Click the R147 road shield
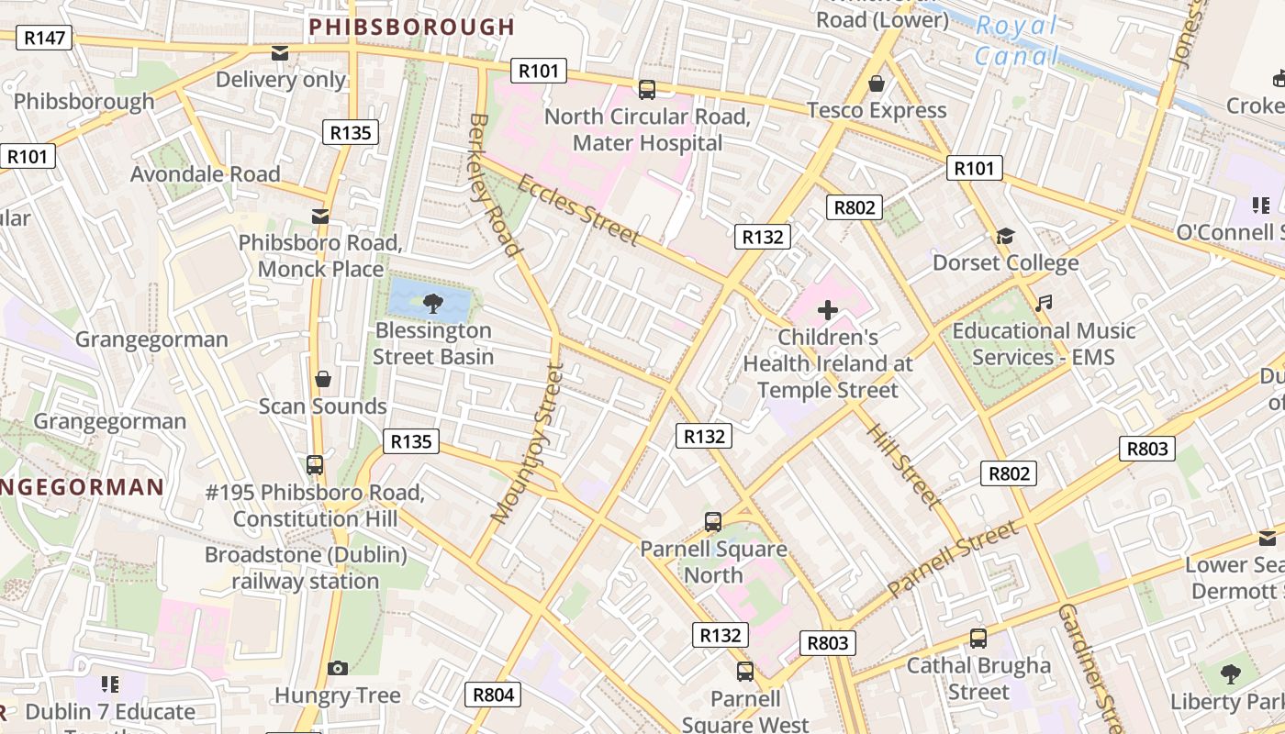point(44,38)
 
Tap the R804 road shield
point(493,695)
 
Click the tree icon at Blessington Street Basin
point(431,302)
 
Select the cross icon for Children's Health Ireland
point(828,309)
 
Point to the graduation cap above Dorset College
point(1005,236)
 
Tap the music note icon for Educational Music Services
point(1044,303)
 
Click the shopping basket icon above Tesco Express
point(877,83)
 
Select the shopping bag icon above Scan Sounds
point(323,379)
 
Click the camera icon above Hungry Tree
point(338,668)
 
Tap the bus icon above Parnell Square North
point(713,522)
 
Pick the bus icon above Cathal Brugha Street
point(978,638)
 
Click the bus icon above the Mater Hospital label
point(647,89)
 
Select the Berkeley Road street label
point(495,184)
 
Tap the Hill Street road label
point(903,466)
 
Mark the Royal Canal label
point(1016,41)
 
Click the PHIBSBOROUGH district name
point(412,27)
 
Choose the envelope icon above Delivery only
point(280,53)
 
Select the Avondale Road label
point(205,173)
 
